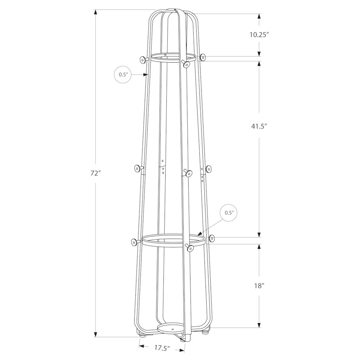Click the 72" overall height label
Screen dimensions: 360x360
(x=95, y=173)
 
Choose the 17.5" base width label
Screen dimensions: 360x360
(x=162, y=348)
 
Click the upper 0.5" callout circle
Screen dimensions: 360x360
(x=123, y=75)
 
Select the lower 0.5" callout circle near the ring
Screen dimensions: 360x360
(x=229, y=213)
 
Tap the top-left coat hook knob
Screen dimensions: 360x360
(x=142, y=59)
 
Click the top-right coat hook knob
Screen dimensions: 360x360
(x=203, y=57)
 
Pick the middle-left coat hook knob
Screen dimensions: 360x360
(x=137, y=168)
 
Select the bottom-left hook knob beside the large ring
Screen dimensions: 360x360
(x=134, y=243)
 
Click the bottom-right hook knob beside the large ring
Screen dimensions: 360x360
(x=212, y=238)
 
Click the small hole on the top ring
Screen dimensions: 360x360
(x=165, y=55)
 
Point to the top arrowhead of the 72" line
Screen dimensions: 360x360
(x=95, y=12)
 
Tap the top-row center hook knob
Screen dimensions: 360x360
(x=186, y=64)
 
